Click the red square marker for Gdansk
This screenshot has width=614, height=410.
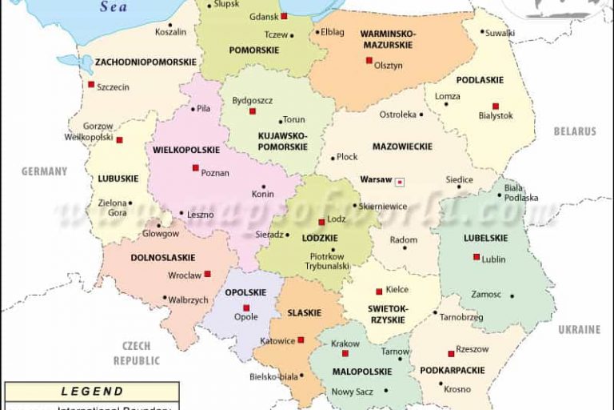[285, 16]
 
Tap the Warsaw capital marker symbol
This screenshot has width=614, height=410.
[401, 181]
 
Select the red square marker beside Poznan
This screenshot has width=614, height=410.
[195, 167]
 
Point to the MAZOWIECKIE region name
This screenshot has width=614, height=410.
[402, 147]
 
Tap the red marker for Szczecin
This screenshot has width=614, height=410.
[91, 84]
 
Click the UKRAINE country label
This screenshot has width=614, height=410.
[578, 329]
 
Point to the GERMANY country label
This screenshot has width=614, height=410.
[45, 171]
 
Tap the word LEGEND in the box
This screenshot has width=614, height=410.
[92, 392]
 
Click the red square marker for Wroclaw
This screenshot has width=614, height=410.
[207, 274]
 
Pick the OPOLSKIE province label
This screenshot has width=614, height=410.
[245, 292]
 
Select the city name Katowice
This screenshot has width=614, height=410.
[277, 341]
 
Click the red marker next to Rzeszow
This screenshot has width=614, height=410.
[451, 353]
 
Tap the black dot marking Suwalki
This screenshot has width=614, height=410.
[483, 32]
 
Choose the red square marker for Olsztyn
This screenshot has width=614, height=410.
[369, 59]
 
